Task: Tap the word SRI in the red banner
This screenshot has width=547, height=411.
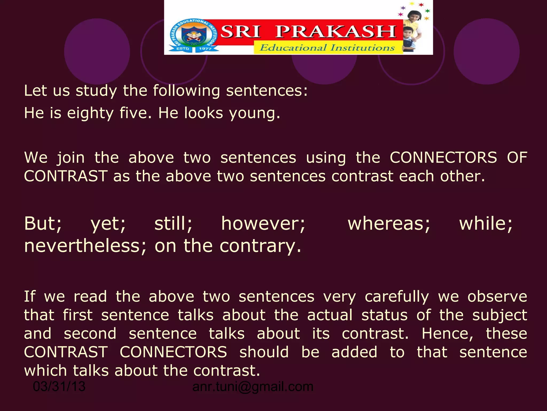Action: (240, 32)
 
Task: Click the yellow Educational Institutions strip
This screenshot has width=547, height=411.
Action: (327, 48)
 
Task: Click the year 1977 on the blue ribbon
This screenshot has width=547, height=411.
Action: (205, 49)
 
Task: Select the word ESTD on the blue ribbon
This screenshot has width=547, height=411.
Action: (183, 49)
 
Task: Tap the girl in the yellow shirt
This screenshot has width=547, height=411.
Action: (413, 20)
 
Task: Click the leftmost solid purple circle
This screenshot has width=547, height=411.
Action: (97, 51)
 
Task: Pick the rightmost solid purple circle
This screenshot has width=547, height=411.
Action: (486, 51)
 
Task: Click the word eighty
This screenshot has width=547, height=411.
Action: (90, 113)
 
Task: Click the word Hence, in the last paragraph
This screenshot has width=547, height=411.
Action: (447, 334)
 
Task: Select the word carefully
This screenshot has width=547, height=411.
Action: (397, 297)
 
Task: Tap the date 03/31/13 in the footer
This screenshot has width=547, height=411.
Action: (59, 386)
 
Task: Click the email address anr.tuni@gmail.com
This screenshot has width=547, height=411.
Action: (253, 386)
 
